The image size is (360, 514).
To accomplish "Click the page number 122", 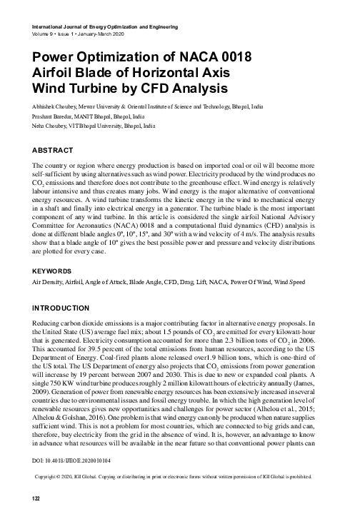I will (x=30, y=497).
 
